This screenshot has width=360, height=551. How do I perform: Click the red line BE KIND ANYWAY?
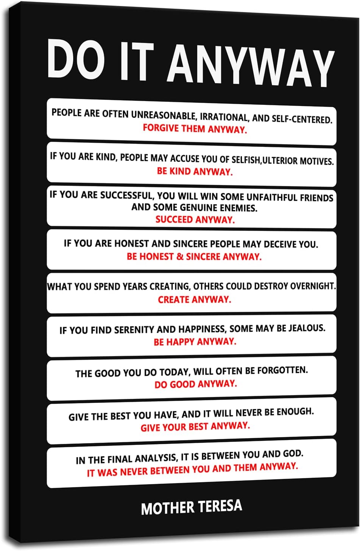[x=195, y=172]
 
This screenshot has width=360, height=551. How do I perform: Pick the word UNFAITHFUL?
[x=272, y=197]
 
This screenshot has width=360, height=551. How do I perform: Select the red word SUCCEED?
[x=174, y=219]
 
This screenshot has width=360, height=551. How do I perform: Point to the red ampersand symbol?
[x=180, y=256]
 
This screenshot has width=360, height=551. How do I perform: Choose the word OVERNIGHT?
[x=312, y=286]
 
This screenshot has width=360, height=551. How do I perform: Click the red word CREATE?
[x=174, y=300]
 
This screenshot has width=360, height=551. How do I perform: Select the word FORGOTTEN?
[x=282, y=370]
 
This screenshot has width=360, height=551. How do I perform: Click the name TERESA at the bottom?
[x=220, y=506]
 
